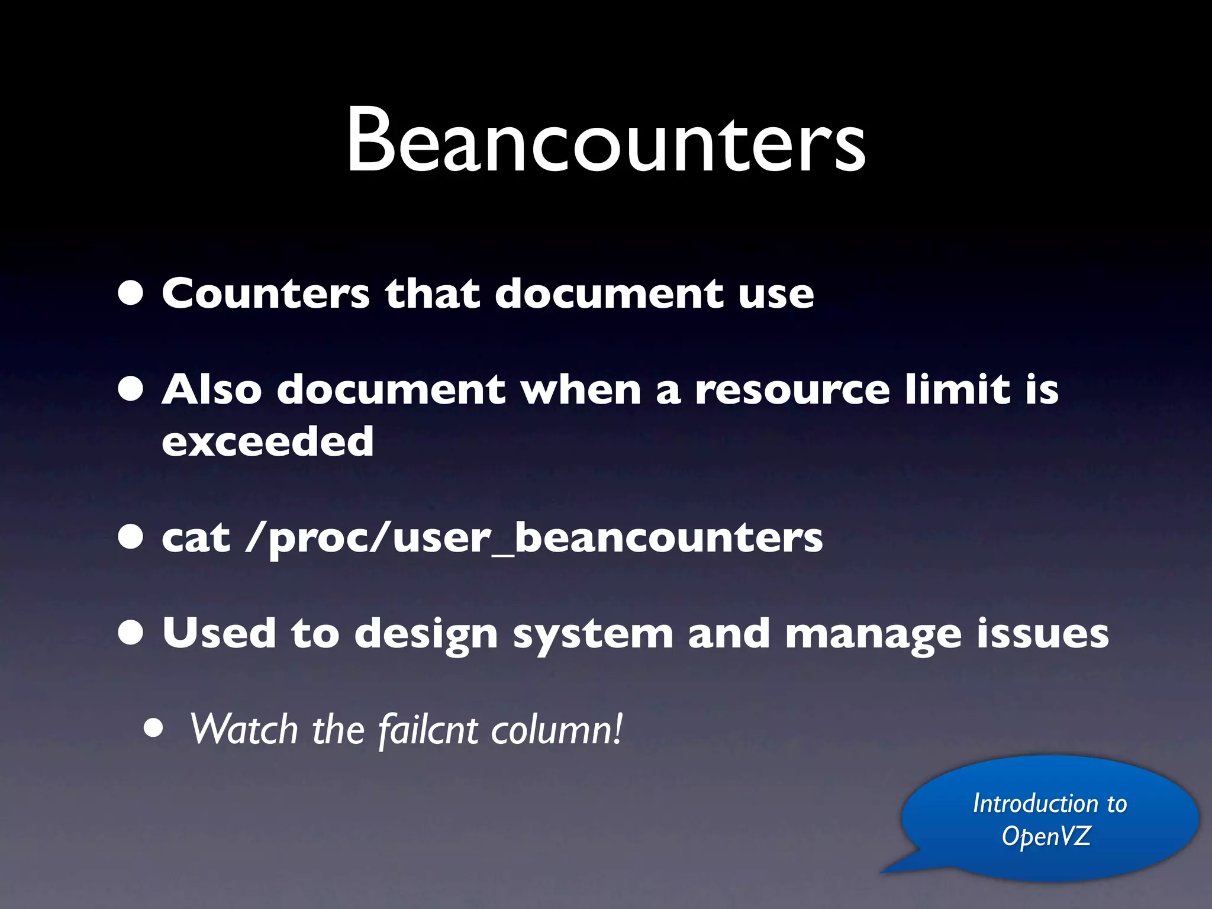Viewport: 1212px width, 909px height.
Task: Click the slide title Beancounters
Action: (606, 141)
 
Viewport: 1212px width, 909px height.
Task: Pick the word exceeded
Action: (267, 441)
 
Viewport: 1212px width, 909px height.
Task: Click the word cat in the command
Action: (196, 539)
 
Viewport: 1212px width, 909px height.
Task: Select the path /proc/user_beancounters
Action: (534, 539)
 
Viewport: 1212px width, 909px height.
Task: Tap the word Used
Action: (219, 633)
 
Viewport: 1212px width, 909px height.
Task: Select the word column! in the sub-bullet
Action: (557, 730)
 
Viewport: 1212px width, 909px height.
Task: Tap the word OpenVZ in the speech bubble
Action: (1046, 836)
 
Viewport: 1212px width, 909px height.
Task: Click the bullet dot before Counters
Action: (131, 293)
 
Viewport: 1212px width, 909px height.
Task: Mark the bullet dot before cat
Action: (131, 537)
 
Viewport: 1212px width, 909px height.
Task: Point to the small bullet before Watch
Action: (153, 730)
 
